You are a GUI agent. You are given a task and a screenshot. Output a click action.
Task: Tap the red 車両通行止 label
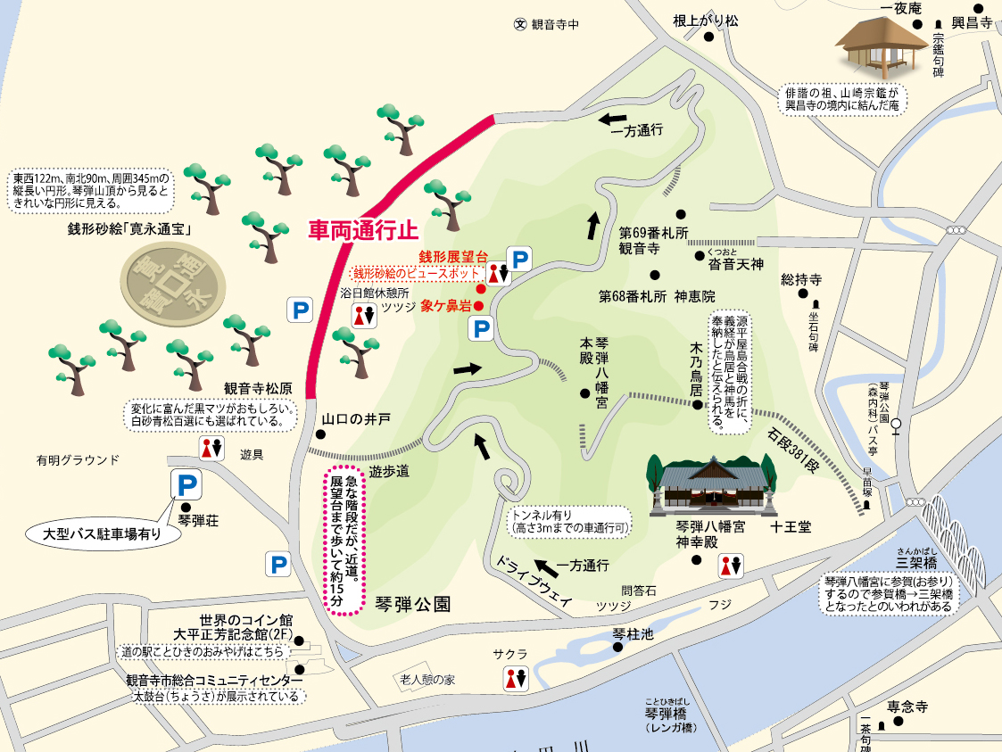click(363, 230)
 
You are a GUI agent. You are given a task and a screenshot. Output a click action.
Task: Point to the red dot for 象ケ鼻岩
click(478, 306)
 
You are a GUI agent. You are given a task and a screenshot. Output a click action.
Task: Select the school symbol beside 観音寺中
click(520, 25)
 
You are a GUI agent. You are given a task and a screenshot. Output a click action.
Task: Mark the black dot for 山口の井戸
click(320, 435)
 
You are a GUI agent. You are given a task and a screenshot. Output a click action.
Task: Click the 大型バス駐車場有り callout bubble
click(102, 534)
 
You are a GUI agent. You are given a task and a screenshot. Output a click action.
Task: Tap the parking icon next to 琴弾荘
click(186, 485)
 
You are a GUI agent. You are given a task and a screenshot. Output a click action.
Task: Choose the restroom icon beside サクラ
click(516, 678)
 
